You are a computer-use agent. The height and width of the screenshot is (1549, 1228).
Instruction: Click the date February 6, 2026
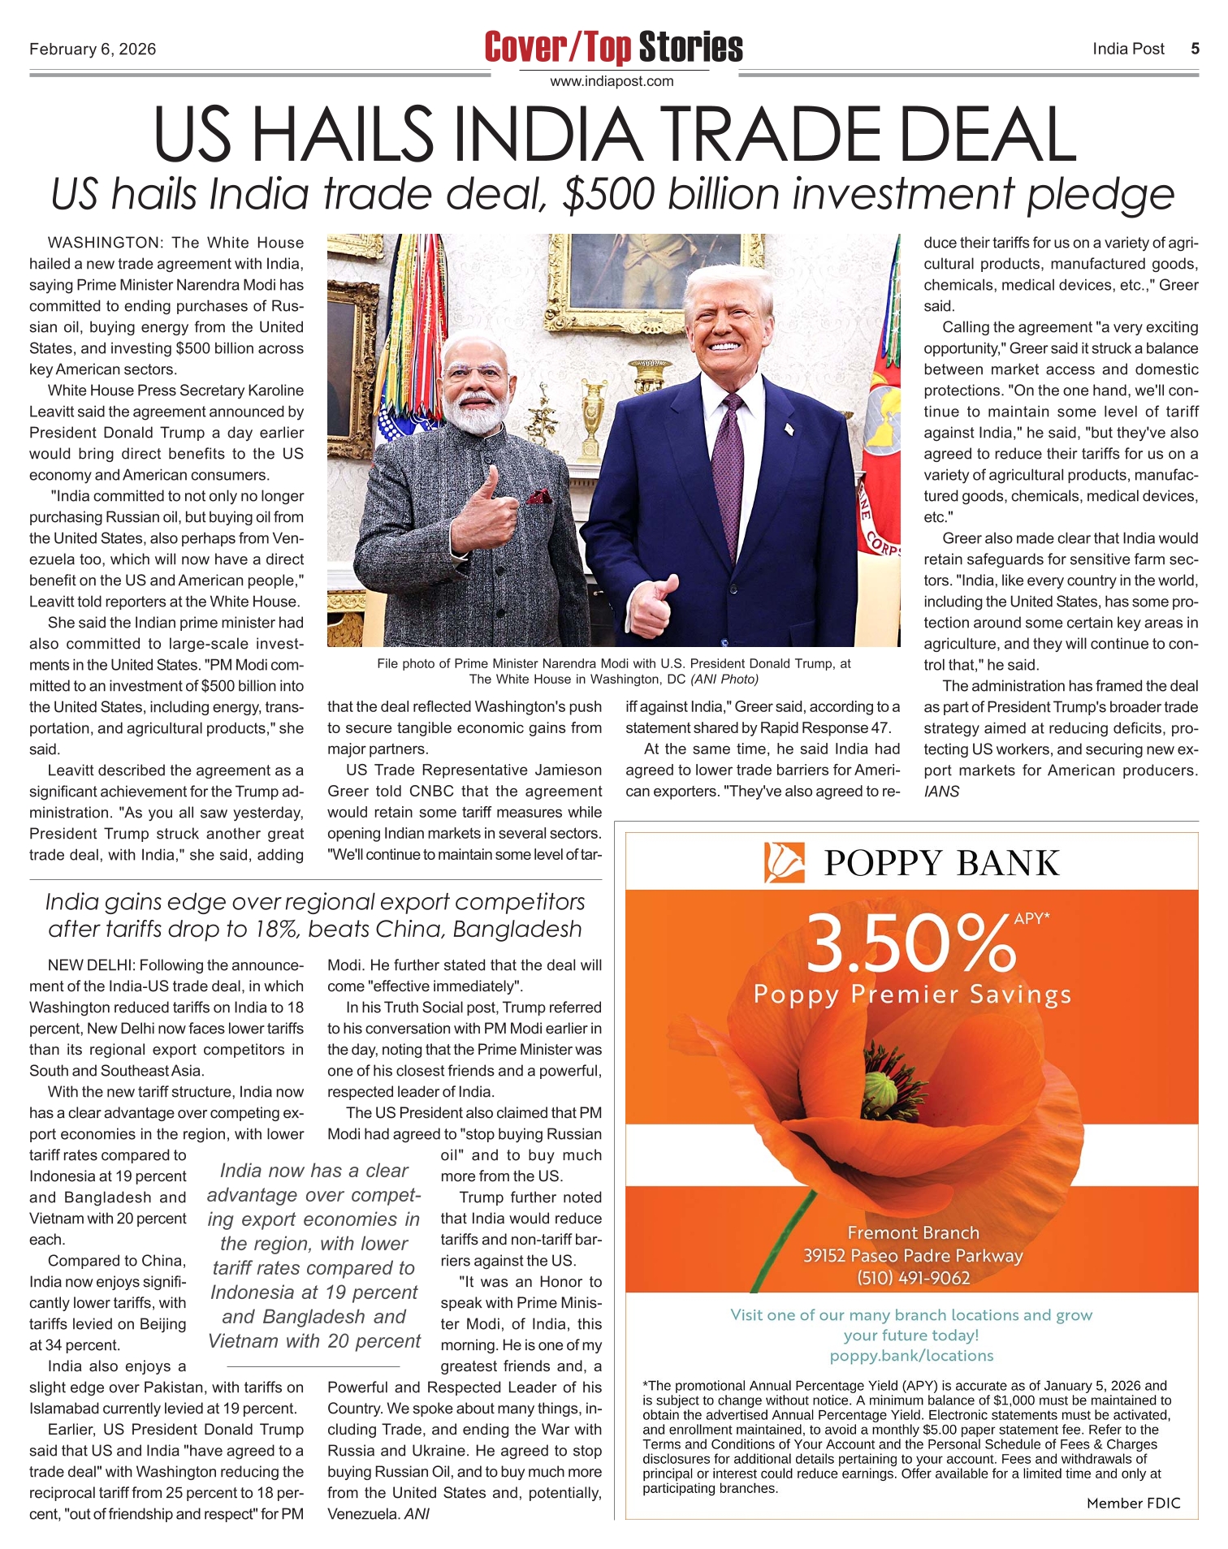point(93,50)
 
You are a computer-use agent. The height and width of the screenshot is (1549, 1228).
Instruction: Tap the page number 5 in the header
point(1195,49)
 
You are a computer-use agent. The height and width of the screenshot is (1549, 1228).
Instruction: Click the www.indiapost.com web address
point(612,81)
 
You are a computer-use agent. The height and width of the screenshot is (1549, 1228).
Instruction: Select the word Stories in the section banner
point(690,47)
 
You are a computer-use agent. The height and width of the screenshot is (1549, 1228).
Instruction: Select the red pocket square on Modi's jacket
point(537,496)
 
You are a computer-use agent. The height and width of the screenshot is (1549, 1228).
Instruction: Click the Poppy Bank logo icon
point(785,862)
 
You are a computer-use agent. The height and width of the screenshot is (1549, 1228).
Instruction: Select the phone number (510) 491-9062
point(914,1278)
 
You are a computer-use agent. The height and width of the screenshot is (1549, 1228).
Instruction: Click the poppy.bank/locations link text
point(911,1355)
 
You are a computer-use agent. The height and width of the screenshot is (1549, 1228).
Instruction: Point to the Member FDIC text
point(1133,1503)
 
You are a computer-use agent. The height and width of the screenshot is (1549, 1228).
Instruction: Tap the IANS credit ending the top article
point(941,792)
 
